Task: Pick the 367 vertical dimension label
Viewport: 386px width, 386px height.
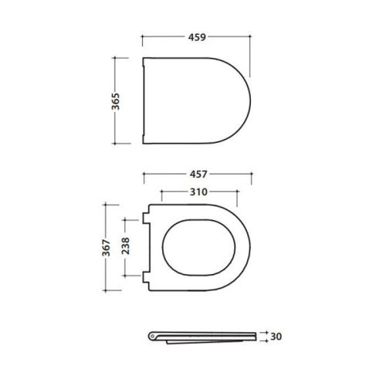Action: (x=108, y=247)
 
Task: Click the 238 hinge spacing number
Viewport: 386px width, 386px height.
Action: (x=125, y=247)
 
